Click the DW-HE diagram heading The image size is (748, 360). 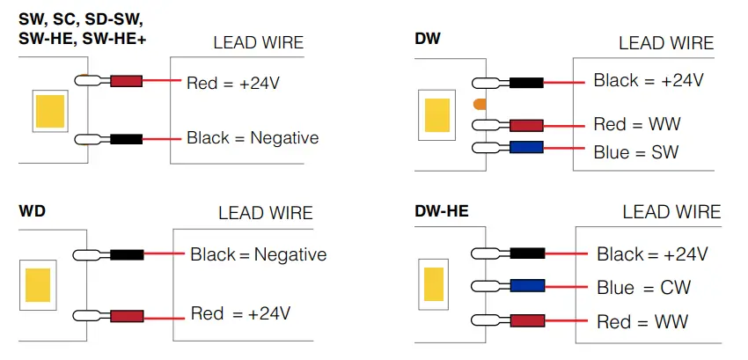pos(440,212)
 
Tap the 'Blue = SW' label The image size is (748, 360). pos(636,152)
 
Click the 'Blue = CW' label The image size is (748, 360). pos(643,288)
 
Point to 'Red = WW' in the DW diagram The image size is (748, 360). pos(637,124)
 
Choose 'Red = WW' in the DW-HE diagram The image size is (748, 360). pos(642,321)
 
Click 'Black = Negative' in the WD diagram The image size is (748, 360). pos(258,254)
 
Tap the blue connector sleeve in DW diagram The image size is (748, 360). pos(525,148)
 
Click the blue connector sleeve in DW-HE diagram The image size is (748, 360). pos(526,285)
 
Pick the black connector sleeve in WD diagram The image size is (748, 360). pos(127,255)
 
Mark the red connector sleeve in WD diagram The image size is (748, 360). pos(127,315)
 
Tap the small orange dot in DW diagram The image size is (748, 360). pos(479,105)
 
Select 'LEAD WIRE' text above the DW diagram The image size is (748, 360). pos(665,43)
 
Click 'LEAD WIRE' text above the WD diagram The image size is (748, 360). pos(266,212)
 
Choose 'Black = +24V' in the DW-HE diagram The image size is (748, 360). pos(651,254)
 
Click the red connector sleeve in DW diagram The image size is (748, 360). pos(525,125)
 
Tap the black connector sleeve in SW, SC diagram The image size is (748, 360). pos(127,139)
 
